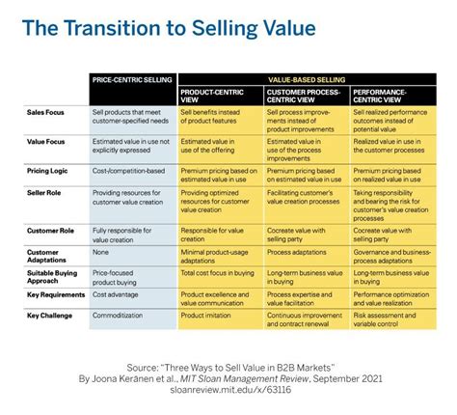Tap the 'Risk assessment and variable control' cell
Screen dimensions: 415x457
[388, 319]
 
